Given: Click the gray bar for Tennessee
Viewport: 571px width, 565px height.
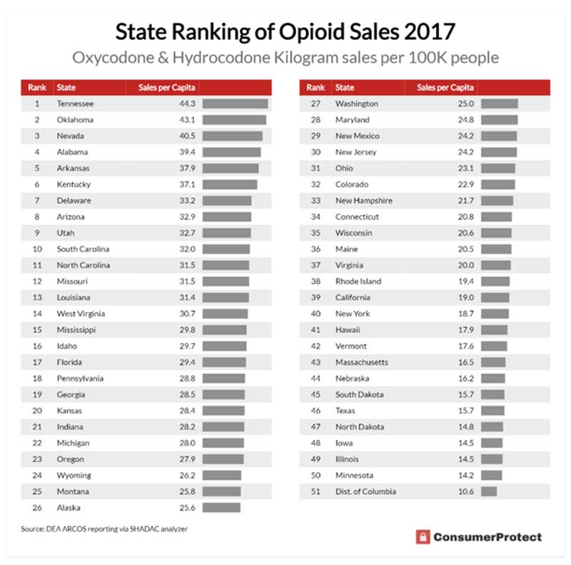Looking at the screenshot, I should [x=235, y=104].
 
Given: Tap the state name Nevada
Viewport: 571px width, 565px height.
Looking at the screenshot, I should [x=71, y=136].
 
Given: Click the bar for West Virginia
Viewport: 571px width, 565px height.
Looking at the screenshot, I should [x=225, y=314].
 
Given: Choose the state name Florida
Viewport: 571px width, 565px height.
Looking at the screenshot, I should [x=71, y=362].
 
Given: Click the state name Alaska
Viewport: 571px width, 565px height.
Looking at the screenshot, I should [x=69, y=508].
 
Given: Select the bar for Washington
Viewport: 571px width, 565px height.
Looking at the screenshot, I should [x=499, y=104].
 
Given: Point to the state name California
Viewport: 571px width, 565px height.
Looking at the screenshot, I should [x=353, y=297].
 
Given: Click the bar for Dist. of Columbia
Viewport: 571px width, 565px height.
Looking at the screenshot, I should [x=489, y=491].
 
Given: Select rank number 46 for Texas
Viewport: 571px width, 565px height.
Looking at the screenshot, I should [x=315, y=411].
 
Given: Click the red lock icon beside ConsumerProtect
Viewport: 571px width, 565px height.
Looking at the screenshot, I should [x=423, y=537].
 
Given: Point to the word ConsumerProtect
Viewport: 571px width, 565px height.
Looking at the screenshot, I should [x=488, y=537].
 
